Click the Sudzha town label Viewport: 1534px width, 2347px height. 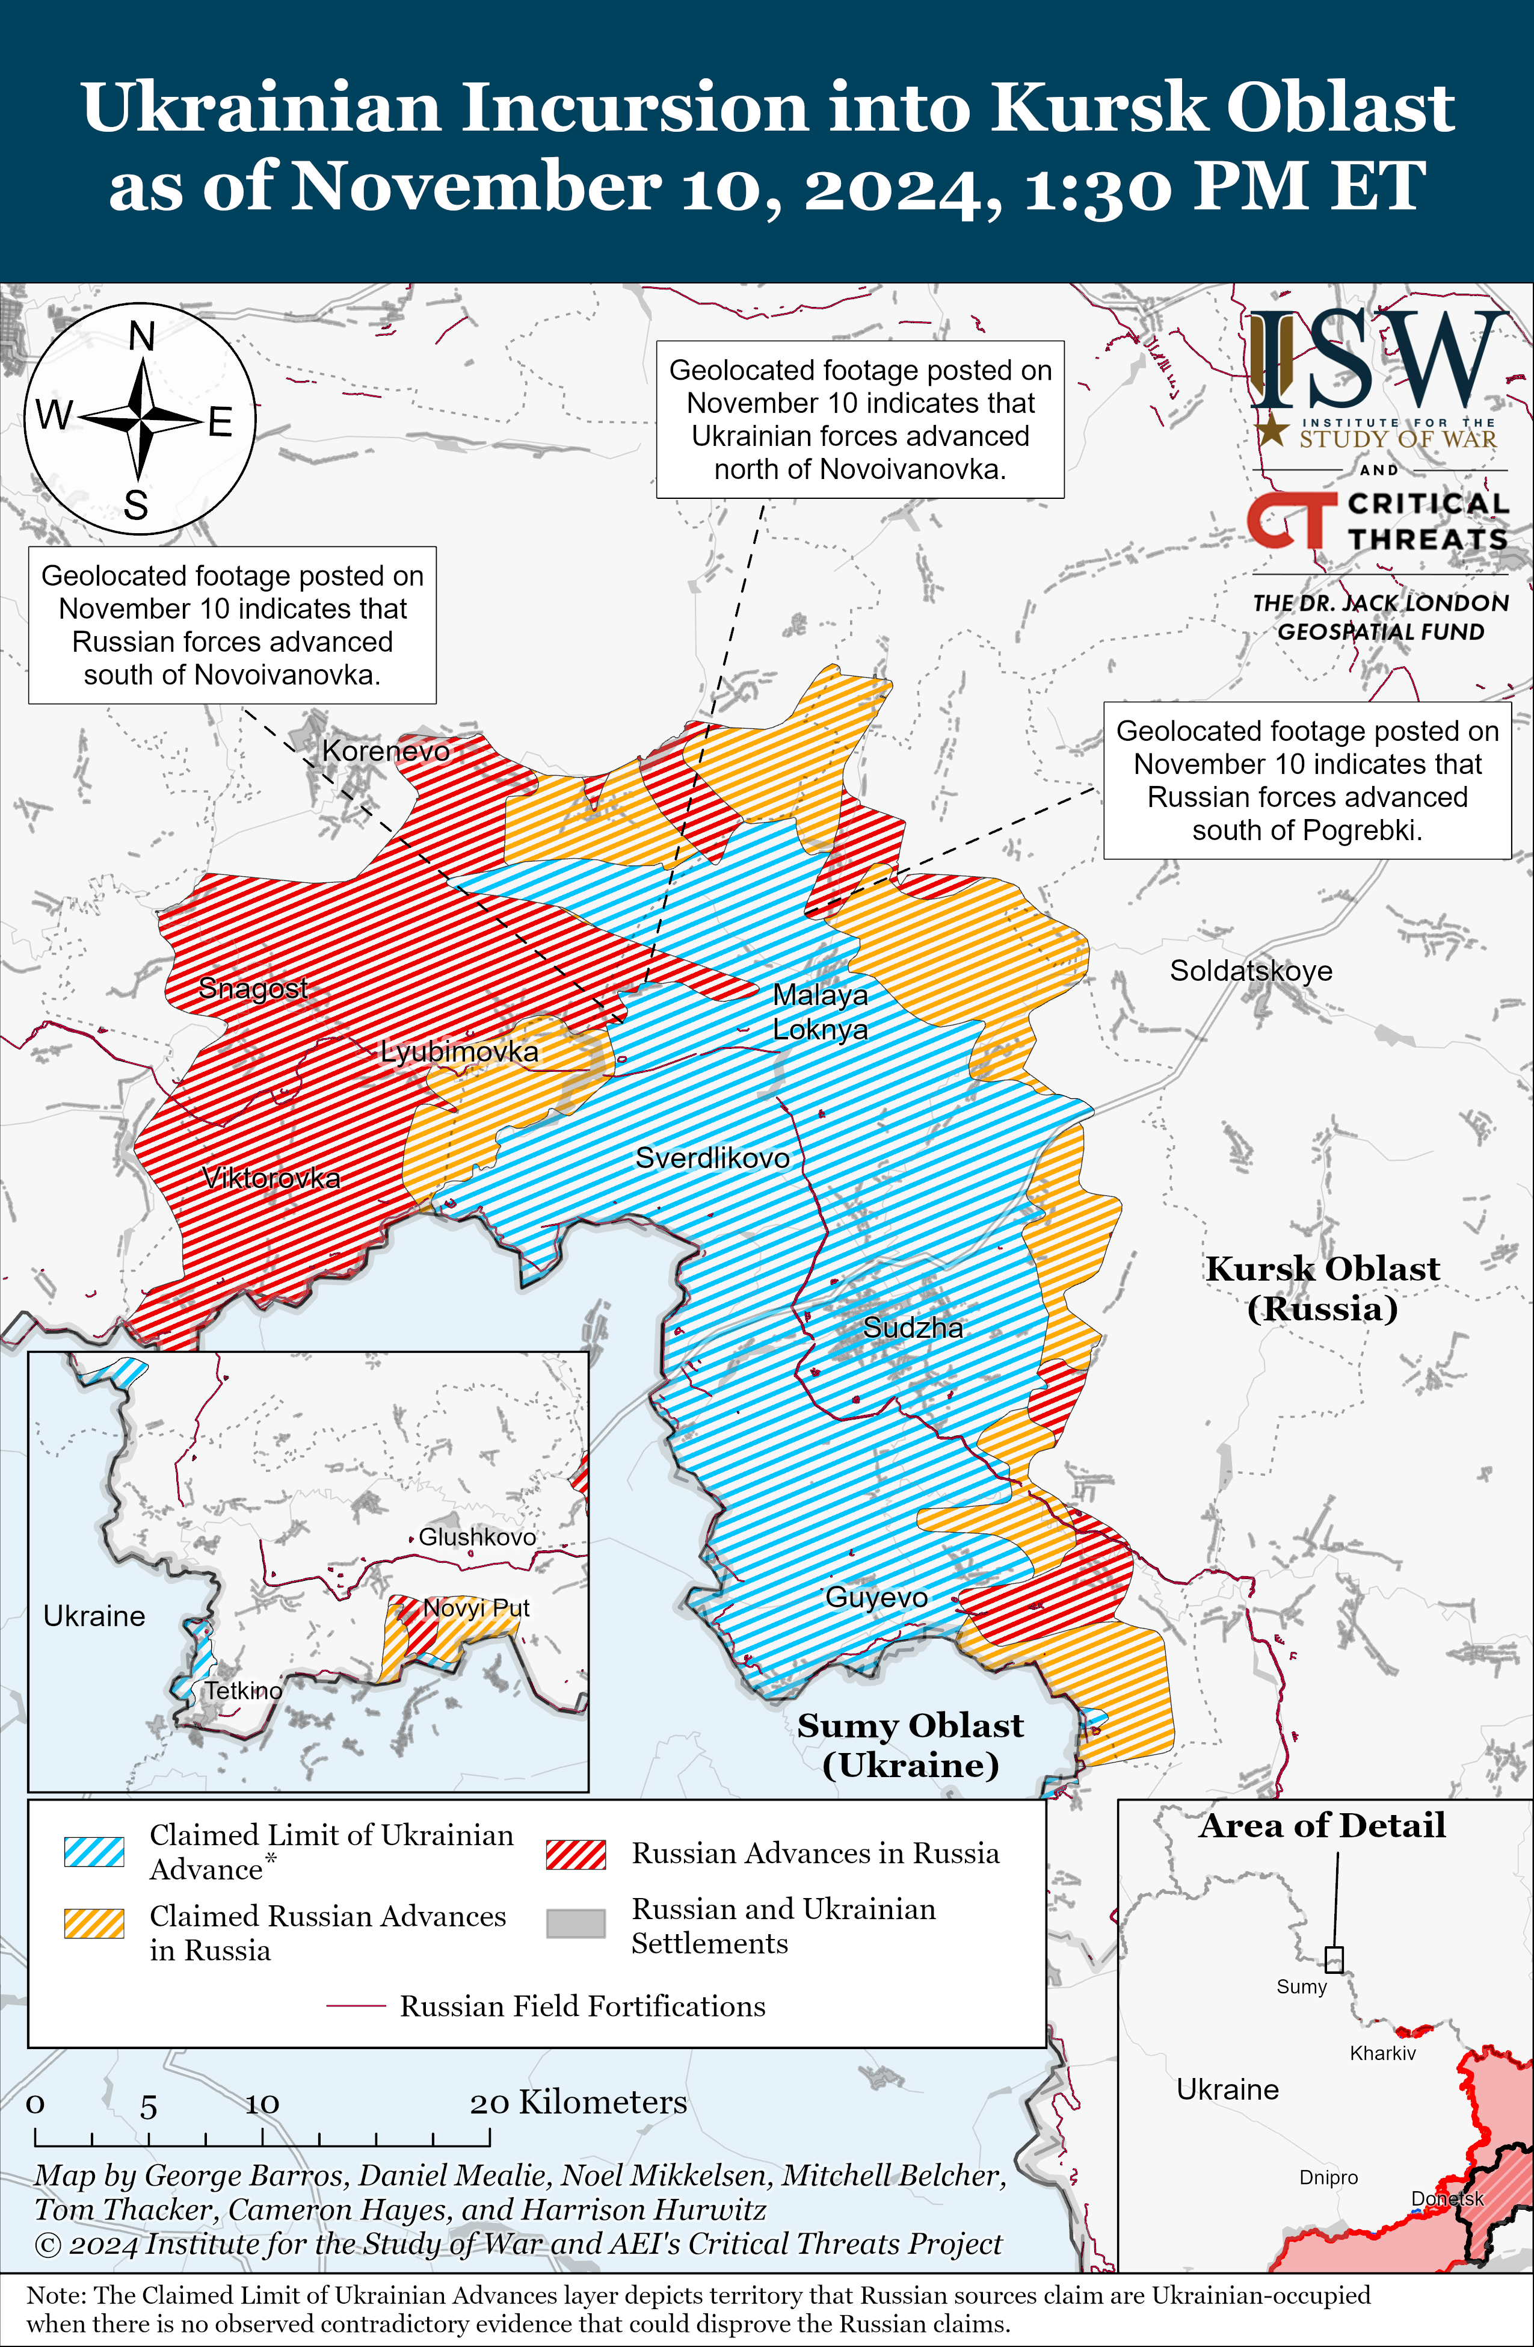point(912,1328)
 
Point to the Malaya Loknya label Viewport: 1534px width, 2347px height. point(819,1012)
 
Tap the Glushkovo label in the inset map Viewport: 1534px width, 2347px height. point(477,1536)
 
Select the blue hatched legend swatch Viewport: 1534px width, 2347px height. point(94,1852)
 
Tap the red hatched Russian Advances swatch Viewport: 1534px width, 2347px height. point(576,1854)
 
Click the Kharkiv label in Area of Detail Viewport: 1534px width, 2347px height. point(1382,2053)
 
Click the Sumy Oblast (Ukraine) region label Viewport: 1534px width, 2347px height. point(910,1745)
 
